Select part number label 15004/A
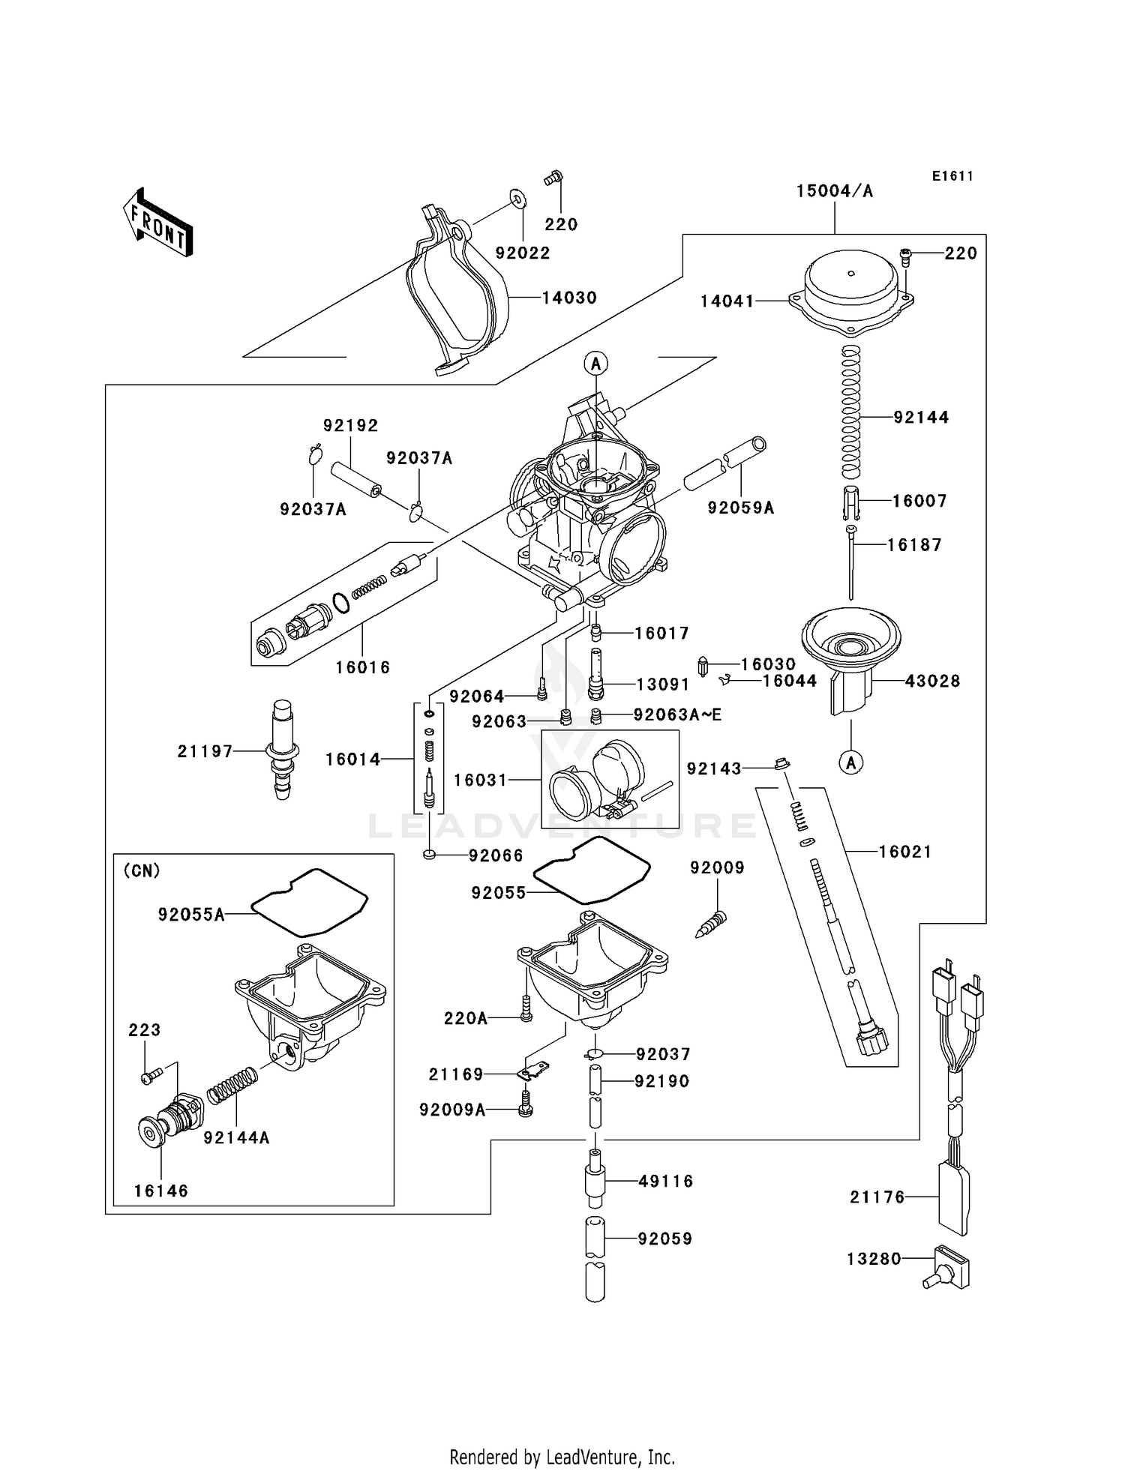click(x=834, y=191)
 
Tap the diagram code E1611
click(x=952, y=176)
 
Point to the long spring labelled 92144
click(x=850, y=412)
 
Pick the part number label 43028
click(x=932, y=682)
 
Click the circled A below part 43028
click(x=851, y=763)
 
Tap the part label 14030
click(x=569, y=298)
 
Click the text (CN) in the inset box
click(x=142, y=870)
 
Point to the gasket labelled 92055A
click(x=309, y=903)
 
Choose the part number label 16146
click(x=161, y=1191)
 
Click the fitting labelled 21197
click(x=282, y=750)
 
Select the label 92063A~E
click(x=677, y=715)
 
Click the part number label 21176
click(x=877, y=1197)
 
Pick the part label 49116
click(x=665, y=1181)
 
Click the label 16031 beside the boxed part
click(x=481, y=780)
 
